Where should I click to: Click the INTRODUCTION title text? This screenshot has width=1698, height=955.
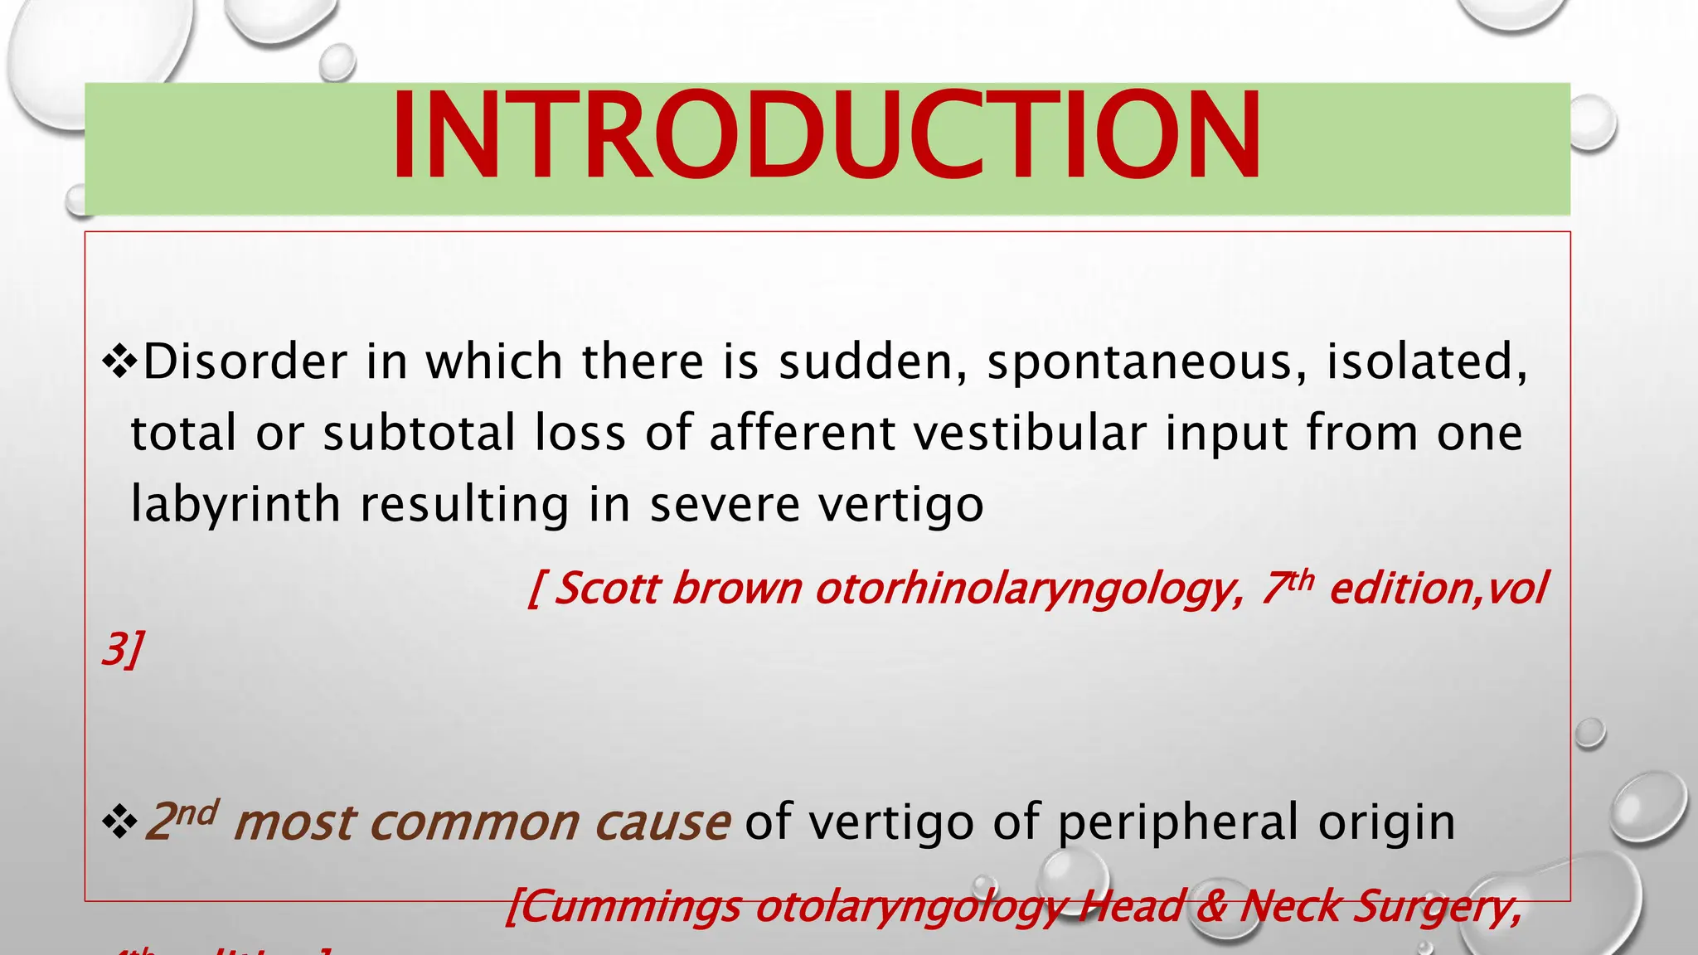click(826, 137)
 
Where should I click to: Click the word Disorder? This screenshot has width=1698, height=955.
click(245, 362)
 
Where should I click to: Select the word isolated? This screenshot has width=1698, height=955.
click(1426, 362)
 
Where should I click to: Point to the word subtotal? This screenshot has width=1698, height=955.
click(420, 434)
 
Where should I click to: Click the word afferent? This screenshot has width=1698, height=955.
click(802, 434)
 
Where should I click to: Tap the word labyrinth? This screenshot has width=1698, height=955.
click(235, 506)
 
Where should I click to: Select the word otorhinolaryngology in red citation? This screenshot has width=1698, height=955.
click(1028, 590)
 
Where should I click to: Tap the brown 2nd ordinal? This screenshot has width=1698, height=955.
click(182, 821)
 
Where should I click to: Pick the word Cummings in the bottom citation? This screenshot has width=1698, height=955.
click(623, 907)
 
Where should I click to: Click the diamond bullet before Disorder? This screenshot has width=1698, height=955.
click(119, 363)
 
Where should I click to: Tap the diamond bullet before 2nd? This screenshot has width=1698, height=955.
click(119, 822)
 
